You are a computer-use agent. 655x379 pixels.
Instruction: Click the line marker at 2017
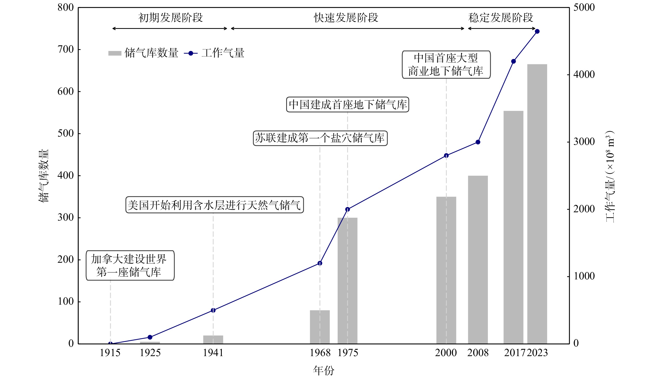pyautogui.click(x=513, y=61)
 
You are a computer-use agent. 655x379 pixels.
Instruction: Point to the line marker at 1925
pyautogui.click(x=150, y=337)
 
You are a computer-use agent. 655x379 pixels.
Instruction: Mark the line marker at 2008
pyautogui.click(x=478, y=142)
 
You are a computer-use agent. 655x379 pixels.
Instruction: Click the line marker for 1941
pyautogui.click(x=213, y=310)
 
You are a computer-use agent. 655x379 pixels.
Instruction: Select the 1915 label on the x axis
pyautogui.click(x=110, y=353)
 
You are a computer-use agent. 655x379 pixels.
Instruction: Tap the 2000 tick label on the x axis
pyautogui.click(x=446, y=353)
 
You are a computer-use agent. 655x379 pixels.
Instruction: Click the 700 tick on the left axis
pyautogui.click(x=65, y=49)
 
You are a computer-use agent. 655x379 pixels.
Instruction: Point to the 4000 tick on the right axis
pyautogui.click(x=584, y=75)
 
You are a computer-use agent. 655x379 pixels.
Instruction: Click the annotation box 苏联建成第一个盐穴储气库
pyautogui.click(x=320, y=138)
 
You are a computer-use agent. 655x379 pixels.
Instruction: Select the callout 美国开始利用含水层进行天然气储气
pyautogui.click(x=215, y=205)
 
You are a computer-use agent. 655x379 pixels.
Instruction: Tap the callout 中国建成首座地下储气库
pyautogui.click(x=348, y=105)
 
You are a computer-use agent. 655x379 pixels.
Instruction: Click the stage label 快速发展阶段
pyautogui.click(x=346, y=18)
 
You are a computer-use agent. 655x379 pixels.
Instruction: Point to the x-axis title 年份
pyautogui.click(x=324, y=370)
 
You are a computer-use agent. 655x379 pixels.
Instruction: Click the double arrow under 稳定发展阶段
pyautogui.click(x=502, y=28)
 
